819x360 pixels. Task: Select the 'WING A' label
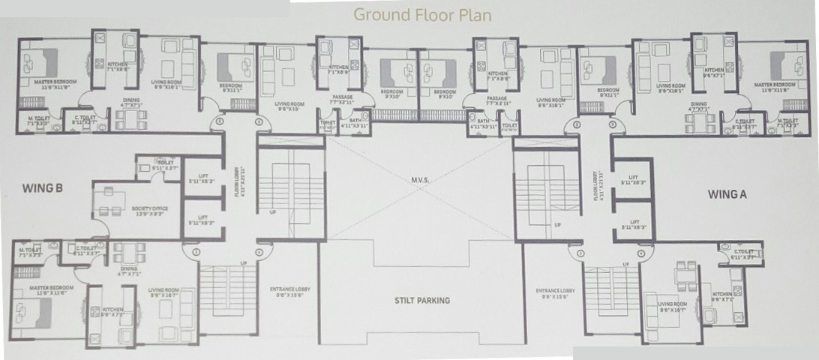[x=727, y=193]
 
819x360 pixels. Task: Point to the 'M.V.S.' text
[x=420, y=178]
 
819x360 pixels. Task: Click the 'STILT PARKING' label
[x=422, y=301]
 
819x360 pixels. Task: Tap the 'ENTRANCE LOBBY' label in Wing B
[x=289, y=291]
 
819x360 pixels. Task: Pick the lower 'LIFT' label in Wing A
[x=634, y=224]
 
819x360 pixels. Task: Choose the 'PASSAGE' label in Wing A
[x=496, y=100]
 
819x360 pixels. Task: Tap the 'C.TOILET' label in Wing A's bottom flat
[x=742, y=253]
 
